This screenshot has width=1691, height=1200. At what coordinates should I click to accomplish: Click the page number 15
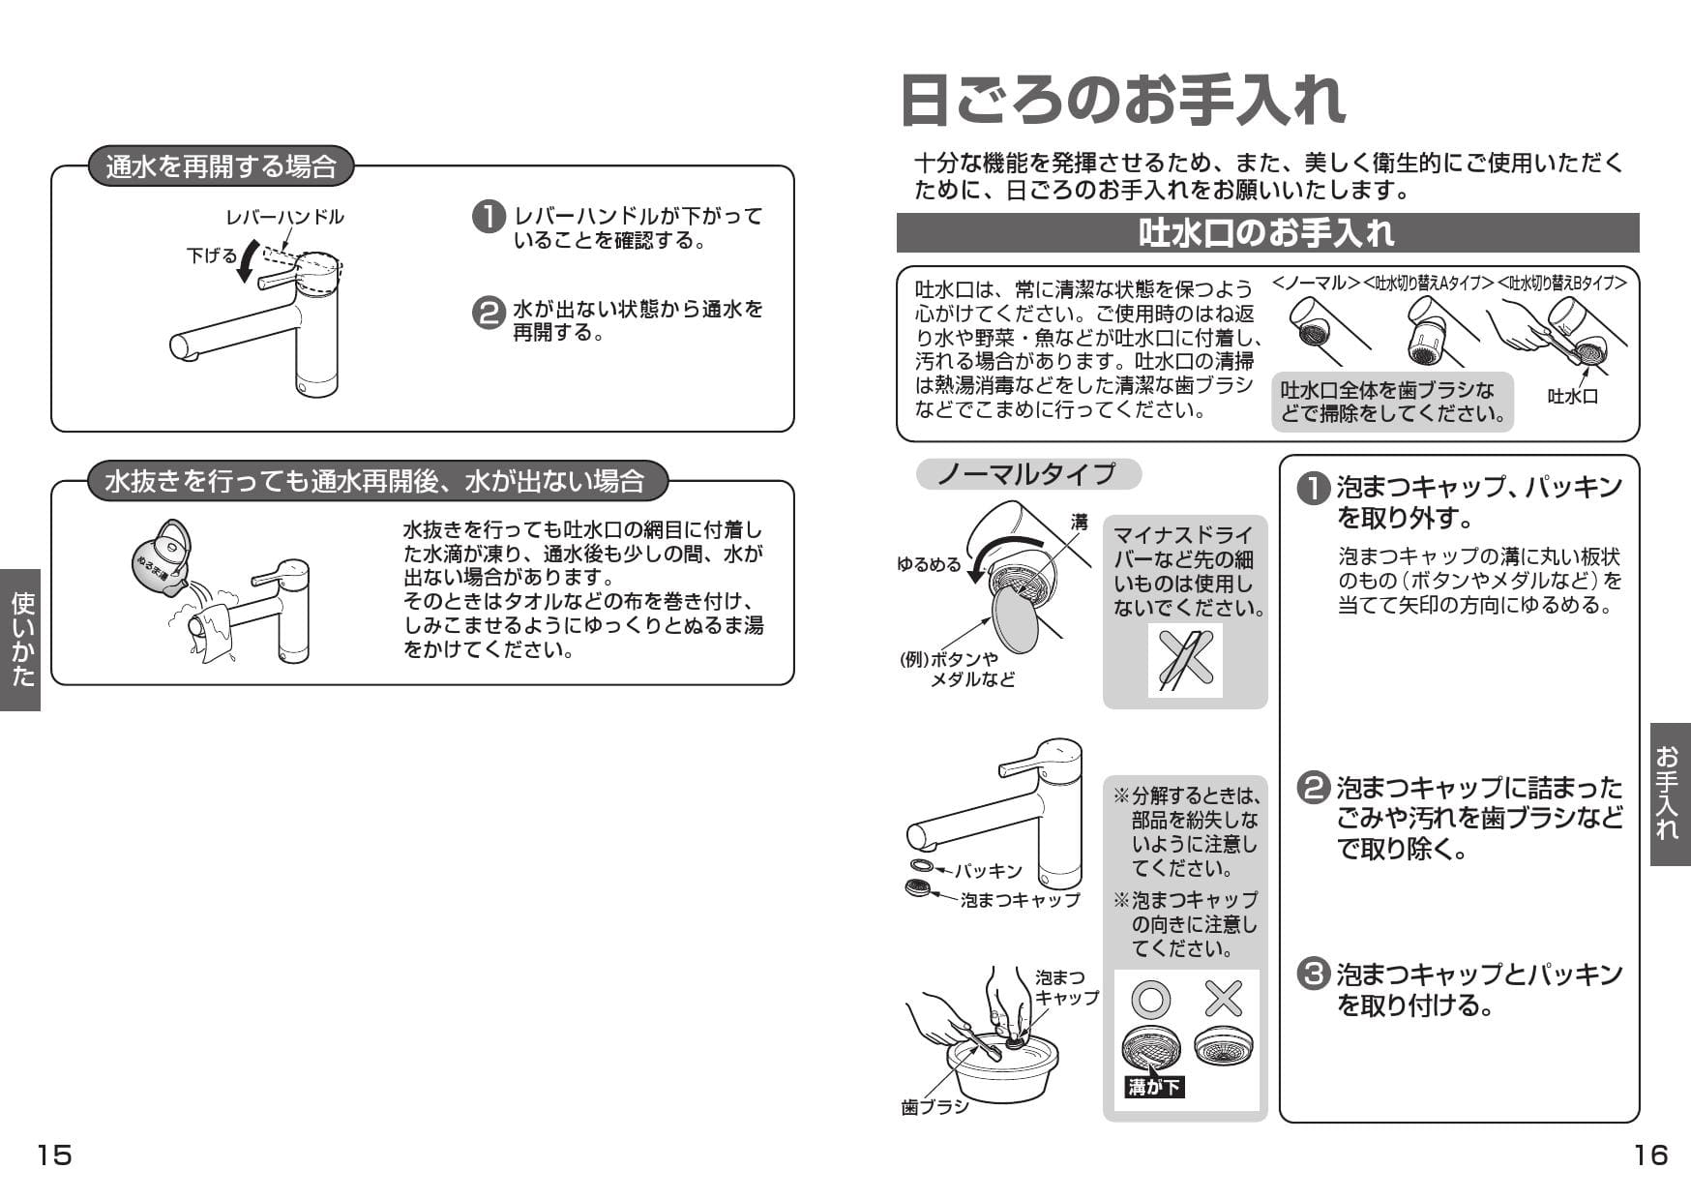tap(54, 1155)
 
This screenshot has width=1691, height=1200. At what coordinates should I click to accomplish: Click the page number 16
tap(1650, 1155)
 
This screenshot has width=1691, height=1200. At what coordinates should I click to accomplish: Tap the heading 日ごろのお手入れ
tap(1122, 100)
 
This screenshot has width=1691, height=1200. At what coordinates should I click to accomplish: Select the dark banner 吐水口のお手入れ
tap(1267, 233)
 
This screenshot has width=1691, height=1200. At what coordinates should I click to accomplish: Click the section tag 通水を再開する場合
tap(221, 166)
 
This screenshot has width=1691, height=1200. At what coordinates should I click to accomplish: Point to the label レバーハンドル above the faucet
tap(284, 217)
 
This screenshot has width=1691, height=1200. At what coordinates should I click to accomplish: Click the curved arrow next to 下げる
tap(249, 262)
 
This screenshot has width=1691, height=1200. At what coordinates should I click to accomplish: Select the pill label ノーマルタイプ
tap(1027, 474)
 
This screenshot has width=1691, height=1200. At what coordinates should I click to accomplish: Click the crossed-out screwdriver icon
tap(1185, 660)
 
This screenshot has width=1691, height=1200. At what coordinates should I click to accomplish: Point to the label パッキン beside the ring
tap(988, 871)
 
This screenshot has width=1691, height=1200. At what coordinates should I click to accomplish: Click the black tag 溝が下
tap(1154, 1087)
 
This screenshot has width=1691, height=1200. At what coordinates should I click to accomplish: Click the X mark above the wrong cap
tap(1224, 999)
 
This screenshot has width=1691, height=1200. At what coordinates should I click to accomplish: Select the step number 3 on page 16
tap(1313, 974)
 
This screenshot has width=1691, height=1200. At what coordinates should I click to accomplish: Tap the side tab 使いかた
tap(20, 640)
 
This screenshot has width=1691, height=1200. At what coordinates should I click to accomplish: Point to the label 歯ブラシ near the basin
tap(934, 1107)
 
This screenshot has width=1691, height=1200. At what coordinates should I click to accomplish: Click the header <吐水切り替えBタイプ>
tap(1561, 283)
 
